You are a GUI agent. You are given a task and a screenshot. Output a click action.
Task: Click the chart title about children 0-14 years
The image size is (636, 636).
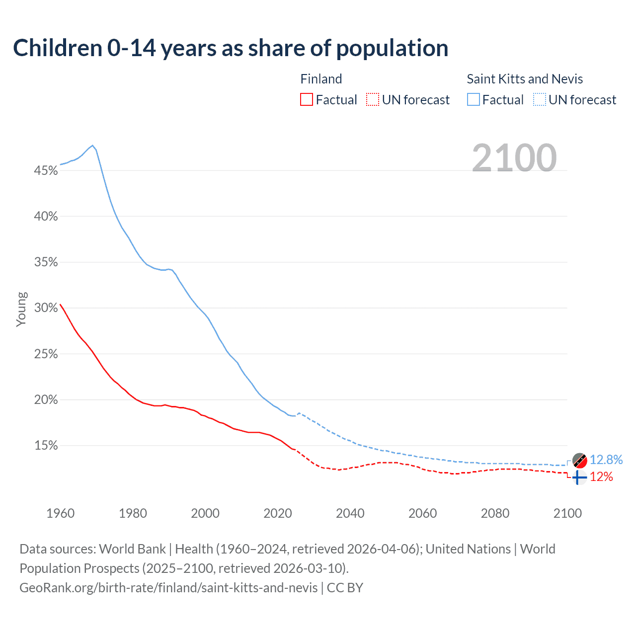point(231,48)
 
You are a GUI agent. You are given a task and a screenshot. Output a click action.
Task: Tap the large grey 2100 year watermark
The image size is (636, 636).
point(514,158)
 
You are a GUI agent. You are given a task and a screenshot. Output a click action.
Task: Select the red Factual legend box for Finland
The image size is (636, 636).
point(307,100)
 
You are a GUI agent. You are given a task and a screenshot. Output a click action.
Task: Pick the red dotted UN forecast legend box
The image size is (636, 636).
point(373,100)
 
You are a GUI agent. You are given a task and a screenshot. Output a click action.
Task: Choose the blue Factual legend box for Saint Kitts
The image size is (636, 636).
point(474,100)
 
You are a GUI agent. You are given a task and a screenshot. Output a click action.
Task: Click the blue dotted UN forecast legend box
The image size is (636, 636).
point(540,100)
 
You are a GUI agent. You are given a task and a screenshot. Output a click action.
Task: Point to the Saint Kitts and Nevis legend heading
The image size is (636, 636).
point(525,79)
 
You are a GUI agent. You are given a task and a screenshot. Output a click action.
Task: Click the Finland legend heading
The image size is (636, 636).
point(321,79)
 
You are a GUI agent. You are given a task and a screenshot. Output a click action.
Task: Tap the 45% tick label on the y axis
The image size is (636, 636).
point(46,171)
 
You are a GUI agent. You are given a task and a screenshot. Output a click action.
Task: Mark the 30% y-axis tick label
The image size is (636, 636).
point(46,308)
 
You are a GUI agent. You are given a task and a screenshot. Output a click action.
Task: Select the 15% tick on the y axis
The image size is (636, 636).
point(46,446)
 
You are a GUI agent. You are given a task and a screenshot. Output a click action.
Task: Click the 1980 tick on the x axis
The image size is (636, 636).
point(133,513)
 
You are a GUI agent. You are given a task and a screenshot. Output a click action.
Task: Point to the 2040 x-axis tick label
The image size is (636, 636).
point(350,513)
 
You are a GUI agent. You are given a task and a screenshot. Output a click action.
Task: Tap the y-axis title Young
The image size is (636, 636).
point(21,309)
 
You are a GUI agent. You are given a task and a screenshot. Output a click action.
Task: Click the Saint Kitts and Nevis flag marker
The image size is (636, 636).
point(579,461)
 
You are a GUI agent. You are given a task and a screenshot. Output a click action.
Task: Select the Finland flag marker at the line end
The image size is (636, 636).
point(579,477)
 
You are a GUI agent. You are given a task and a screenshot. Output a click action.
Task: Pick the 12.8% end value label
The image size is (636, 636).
point(606,460)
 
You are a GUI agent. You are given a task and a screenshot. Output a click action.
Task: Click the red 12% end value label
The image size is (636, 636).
point(601,477)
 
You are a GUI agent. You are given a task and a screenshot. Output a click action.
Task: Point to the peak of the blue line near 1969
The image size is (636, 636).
point(92,146)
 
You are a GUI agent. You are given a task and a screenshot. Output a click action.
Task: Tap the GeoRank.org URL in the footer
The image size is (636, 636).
point(168,588)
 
